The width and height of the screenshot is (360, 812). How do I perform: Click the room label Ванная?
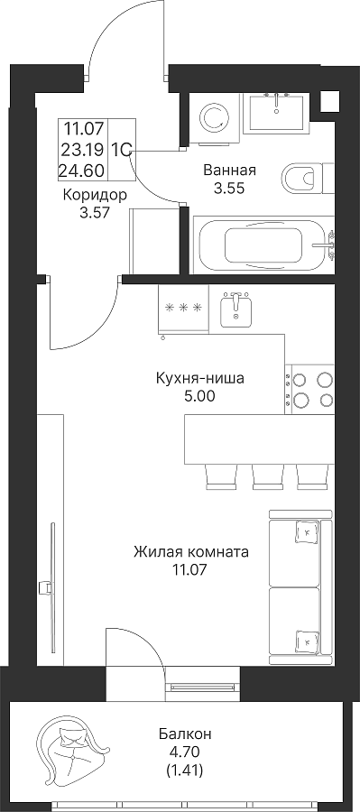pyautogui.click(x=229, y=170)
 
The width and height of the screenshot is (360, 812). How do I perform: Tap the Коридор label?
pyautogui.click(x=95, y=195)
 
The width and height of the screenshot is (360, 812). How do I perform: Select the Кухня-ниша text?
pyautogui.click(x=199, y=379)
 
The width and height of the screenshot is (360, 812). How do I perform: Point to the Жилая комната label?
pyautogui.click(x=190, y=552)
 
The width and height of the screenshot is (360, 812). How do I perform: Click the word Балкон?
pyautogui.click(x=185, y=734)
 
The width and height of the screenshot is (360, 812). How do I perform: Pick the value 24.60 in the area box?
pyautogui.click(x=81, y=170)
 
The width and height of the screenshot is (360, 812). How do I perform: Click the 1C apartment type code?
pyautogui.click(x=121, y=150)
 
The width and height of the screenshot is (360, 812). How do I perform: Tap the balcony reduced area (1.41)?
pyautogui.click(x=184, y=771)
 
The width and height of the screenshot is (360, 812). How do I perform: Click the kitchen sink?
pyautogui.click(x=236, y=309)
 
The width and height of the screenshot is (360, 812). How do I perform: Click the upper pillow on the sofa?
pyautogui.click(x=306, y=531)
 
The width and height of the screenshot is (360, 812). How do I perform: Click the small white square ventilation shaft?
pyautogui.click(x=329, y=101)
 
